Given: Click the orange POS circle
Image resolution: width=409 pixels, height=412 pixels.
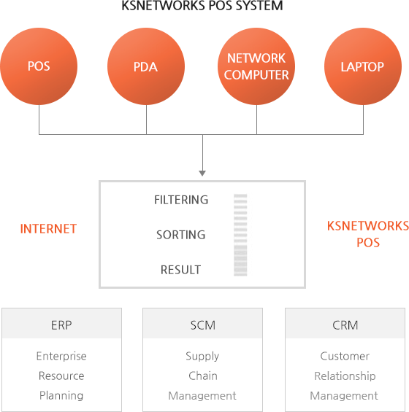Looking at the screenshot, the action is pyautogui.click(x=39, y=66).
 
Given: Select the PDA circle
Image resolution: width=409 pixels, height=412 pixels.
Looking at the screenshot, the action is pyautogui.click(x=146, y=66).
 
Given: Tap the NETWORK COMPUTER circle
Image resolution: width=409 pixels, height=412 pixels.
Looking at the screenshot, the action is pyautogui.click(x=256, y=66).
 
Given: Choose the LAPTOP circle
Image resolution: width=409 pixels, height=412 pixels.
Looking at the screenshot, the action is pyautogui.click(x=363, y=66).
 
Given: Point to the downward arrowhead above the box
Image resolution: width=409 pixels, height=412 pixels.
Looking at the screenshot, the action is pyautogui.click(x=202, y=173).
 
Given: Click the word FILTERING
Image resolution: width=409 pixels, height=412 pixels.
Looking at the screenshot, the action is pyautogui.click(x=181, y=200).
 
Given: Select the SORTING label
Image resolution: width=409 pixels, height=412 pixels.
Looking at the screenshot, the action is pyautogui.click(x=181, y=235).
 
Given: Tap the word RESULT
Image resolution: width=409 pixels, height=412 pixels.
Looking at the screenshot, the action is pyautogui.click(x=181, y=270).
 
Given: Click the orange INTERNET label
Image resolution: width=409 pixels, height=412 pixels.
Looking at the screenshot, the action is pyautogui.click(x=48, y=229).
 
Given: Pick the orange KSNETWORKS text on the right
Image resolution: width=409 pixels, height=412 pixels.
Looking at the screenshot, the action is pyautogui.click(x=368, y=226).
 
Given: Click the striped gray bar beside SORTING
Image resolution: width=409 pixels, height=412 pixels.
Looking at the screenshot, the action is pyautogui.click(x=240, y=235).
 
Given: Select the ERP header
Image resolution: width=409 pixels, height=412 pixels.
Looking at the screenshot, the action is pyautogui.click(x=61, y=325).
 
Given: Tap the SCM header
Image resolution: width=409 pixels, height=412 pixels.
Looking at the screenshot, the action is pyautogui.click(x=203, y=325).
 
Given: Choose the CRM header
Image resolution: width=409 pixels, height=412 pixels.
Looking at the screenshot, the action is pyautogui.click(x=345, y=325).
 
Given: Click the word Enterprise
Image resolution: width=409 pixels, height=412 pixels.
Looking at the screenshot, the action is pyautogui.click(x=61, y=357).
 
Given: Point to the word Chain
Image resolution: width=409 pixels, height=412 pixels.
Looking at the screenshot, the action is pyautogui.click(x=203, y=376).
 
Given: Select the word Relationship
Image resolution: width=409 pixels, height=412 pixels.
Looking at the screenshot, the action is pyautogui.click(x=345, y=376).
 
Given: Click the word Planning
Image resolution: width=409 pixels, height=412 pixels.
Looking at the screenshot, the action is pyautogui.click(x=61, y=396).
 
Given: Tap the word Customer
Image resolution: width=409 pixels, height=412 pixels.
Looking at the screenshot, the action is pyautogui.click(x=345, y=357).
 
